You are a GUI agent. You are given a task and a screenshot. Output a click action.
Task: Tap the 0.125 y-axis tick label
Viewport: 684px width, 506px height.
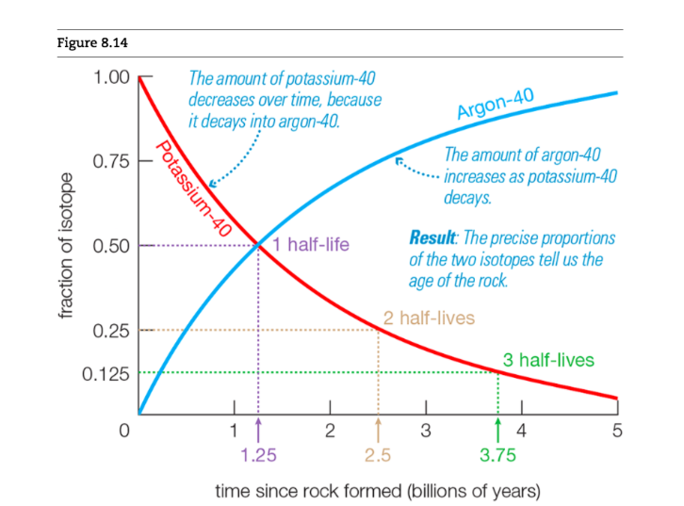point(106,372)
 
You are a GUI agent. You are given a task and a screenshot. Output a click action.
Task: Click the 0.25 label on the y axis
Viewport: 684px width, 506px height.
point(112,331)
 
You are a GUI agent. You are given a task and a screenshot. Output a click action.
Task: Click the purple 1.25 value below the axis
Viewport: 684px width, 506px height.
point(258,456)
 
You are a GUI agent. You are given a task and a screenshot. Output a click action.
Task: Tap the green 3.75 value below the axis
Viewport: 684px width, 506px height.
point(497,456)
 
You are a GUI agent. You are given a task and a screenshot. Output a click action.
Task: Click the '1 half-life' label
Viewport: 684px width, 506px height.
point(311,245)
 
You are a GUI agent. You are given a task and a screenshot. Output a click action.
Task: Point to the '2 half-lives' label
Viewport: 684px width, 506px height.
point(429,318)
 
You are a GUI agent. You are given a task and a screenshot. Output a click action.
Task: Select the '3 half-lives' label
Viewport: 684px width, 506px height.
point(548,360)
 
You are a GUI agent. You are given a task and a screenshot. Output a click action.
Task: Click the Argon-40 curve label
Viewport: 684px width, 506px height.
point(497,104)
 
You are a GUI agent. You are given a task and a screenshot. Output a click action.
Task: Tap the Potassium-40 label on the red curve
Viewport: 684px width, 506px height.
point(193,188)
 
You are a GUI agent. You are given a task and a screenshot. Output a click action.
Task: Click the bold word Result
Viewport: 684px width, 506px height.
point(432,237)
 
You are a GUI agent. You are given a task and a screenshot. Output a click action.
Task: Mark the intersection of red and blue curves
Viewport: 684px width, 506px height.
point(258,246)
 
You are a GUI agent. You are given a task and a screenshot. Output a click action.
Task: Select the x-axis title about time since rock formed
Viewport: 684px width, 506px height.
point(378,491)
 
